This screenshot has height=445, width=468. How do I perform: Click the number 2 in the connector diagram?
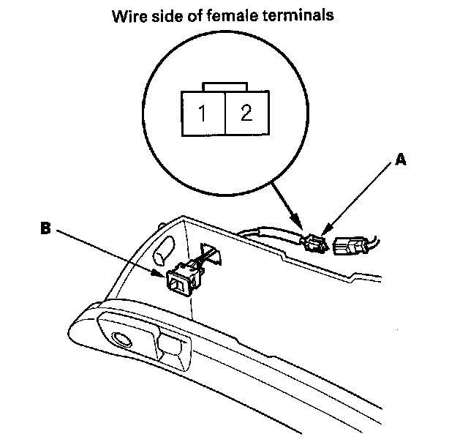coord(246,113)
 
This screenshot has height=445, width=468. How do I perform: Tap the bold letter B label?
coord(45,228)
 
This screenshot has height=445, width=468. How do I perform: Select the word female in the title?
coord(243,15)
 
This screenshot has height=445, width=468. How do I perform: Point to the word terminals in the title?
coord(303,15)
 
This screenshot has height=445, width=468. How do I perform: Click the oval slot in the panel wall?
coord(162,250)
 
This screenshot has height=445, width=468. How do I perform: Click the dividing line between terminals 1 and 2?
coord(225,113)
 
